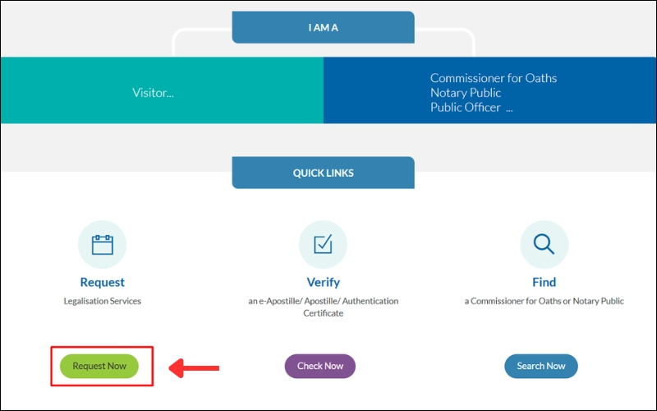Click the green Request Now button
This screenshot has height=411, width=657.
click(99, 366)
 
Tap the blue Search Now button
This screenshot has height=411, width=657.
click(540, 366)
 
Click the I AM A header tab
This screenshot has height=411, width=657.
click(323, 27)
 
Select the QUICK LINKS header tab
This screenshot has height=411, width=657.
click(323, 173)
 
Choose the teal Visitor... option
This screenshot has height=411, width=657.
click(153, 93)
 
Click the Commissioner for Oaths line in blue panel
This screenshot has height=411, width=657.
click(493, 78)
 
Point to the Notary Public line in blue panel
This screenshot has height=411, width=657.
click(466, 93)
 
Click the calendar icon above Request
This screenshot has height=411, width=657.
click(102, 244)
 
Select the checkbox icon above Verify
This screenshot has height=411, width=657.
click(323, 244)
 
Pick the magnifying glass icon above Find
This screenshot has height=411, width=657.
click(544, 244)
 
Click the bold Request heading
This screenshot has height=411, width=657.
click(102, 282)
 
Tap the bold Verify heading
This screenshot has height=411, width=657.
click(323, 282)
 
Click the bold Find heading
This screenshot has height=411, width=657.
click(544, 282)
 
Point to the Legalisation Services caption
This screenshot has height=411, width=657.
click(102, 301)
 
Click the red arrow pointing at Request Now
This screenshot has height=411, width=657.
click(195, 367)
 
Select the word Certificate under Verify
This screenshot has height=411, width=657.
click(323, 313)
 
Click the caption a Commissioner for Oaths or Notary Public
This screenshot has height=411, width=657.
click(544, 301)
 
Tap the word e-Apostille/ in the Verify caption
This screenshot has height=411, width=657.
click(284, 301)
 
